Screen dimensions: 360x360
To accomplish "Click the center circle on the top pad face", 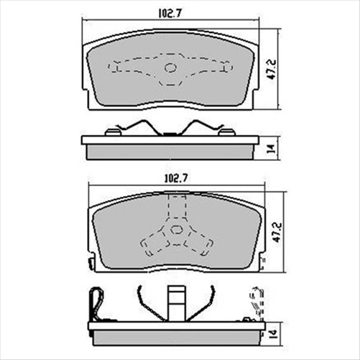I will pos(171,68).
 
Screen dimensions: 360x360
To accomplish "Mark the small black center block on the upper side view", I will pos(170,132).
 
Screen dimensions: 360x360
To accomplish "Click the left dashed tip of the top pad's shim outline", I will pos(111,68).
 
